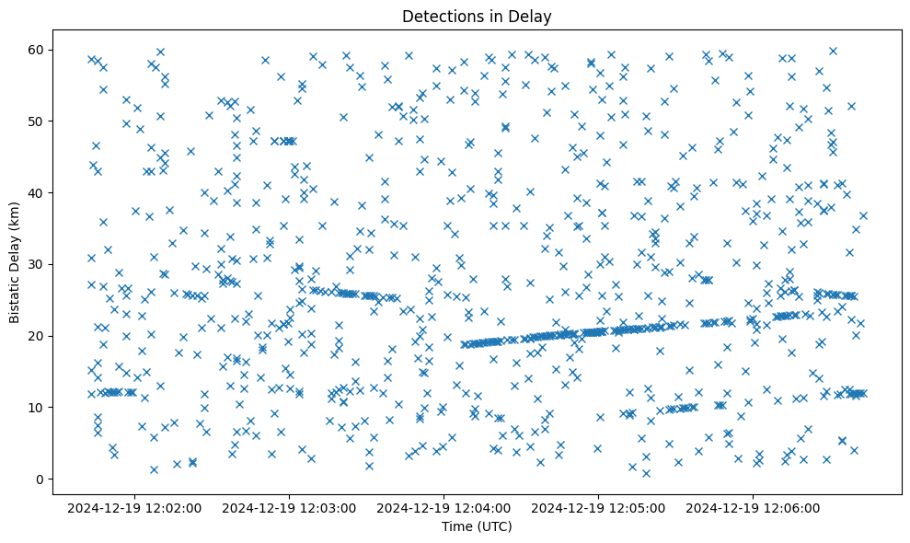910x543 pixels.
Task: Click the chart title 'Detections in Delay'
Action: tap(477, 16)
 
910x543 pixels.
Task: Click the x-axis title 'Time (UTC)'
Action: tap(477, 526)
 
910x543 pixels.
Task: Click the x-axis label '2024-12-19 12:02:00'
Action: tap(135, 508)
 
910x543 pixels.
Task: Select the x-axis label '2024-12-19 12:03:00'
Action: tap(290, 508)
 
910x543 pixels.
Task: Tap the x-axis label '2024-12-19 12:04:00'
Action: tap(444, 508)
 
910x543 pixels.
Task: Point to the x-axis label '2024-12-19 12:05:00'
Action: tap(599, 508)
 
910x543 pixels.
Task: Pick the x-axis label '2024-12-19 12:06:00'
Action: tap(754, 508)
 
